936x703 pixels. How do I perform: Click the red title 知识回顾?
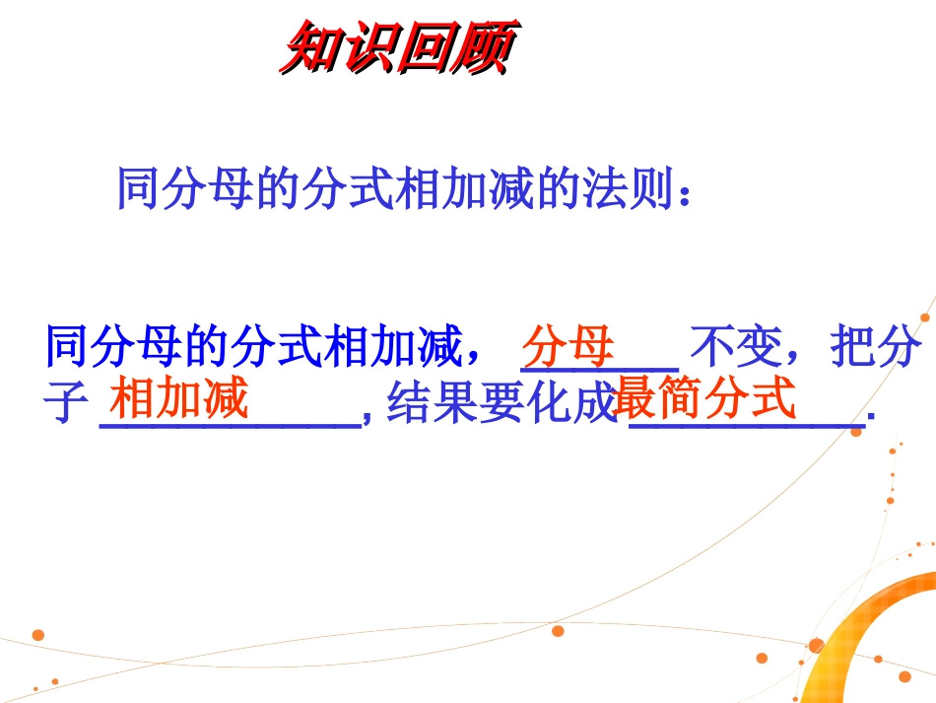pyautogui.click(x=396, y=49)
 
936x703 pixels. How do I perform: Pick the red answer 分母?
pyautogui.click(x=568, y=347)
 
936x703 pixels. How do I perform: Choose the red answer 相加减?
pyautogui.click(x=178, y=400)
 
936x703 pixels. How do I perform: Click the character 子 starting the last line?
pyautogui.click(x=66, y=403)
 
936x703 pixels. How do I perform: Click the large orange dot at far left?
pyautogui.click(x=37, y=634)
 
